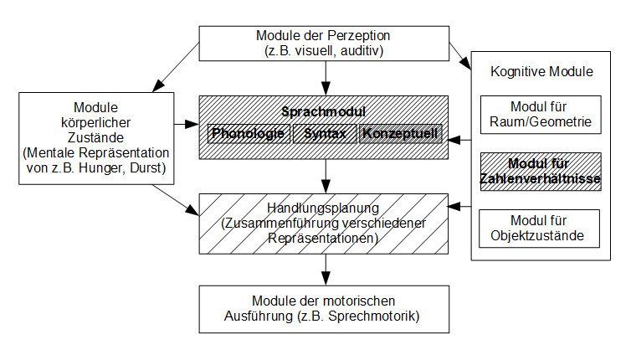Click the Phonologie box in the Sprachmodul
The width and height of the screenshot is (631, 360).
point(247,134)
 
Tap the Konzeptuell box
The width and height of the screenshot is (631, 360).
point(400,134)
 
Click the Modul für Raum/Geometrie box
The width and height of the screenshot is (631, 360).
point(539,115)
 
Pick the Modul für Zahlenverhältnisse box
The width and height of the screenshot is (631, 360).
point(539,171)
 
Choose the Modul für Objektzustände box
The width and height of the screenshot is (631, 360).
point(539,228)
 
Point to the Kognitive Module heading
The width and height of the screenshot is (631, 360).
point(539,72)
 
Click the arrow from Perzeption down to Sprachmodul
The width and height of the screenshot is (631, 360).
point(324,80)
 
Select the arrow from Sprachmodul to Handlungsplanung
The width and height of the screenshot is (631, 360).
point(324,176)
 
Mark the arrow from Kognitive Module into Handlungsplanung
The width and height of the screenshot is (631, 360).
point(459,205)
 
